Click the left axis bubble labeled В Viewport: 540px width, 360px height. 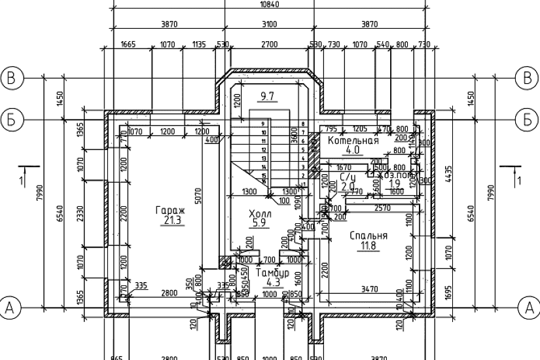11,78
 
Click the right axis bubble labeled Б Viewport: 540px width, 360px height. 528,120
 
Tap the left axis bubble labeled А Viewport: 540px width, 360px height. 11,306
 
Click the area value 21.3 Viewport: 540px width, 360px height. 171,221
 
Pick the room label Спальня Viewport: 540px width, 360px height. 369,236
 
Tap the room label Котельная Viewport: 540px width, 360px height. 353,141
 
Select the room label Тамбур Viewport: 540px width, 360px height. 272,272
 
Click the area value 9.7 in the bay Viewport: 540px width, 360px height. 267,97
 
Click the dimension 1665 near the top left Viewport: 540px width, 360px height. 128,45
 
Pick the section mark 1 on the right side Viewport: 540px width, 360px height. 518,179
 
